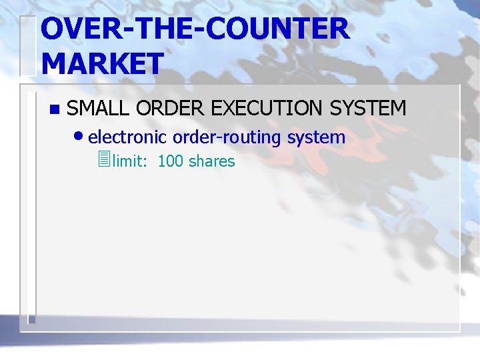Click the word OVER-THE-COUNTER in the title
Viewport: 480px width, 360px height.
click(x=194, y=30)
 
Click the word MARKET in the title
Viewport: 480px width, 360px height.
click(x=102, y=64)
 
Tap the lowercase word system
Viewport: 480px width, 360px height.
click(x=316, y=138)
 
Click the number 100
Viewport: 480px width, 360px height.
click(x=170, y=161)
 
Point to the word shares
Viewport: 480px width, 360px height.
click(x=212, y=161)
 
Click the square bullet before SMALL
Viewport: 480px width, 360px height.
click(x=54, y=109)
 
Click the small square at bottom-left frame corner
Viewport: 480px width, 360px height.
click(x=31, y=319)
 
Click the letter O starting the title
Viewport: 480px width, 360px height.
click(x=53, y=30)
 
